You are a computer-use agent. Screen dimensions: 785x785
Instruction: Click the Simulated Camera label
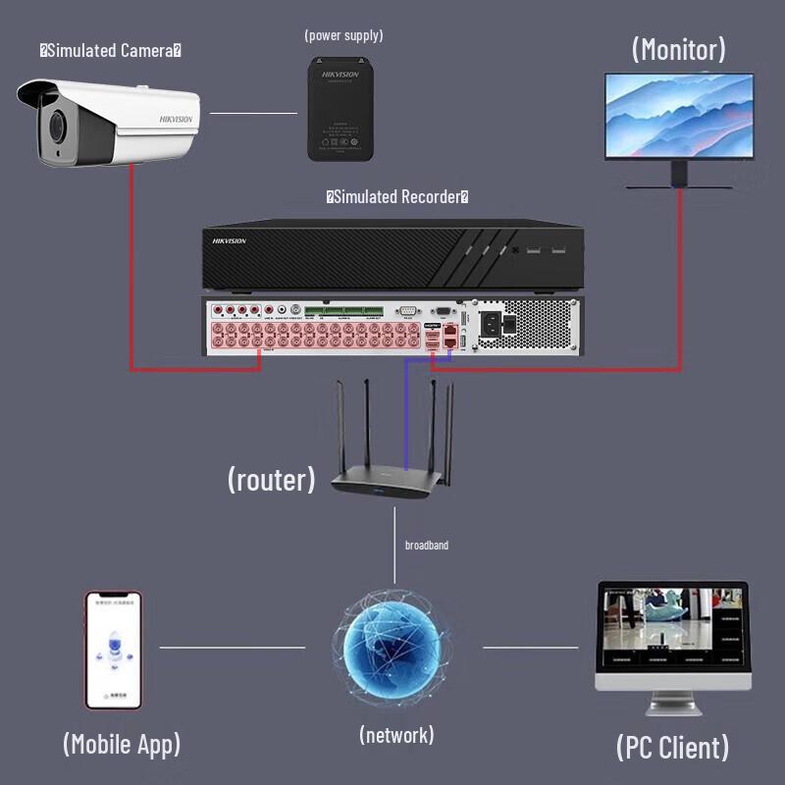(x=110, y=50)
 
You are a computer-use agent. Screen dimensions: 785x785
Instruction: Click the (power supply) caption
(x=343, y=35)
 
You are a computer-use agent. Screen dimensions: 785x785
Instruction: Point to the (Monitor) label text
(x=679, y=49)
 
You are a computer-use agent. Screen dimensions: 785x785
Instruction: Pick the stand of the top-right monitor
(x=678, y=177)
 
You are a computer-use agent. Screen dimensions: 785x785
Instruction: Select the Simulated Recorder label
(x=397, y=197)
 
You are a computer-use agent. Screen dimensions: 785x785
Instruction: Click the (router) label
(x=272, y=479)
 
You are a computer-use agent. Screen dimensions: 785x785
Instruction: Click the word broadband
(x=426, y=545)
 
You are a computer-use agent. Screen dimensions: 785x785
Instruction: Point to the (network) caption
(x=396, y=735)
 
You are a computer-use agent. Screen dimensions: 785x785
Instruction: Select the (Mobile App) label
(x=122, y=744)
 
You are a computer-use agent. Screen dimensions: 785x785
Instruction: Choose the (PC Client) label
(x=673, y=748)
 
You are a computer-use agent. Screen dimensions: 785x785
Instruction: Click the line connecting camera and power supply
(x=253, y=113)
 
